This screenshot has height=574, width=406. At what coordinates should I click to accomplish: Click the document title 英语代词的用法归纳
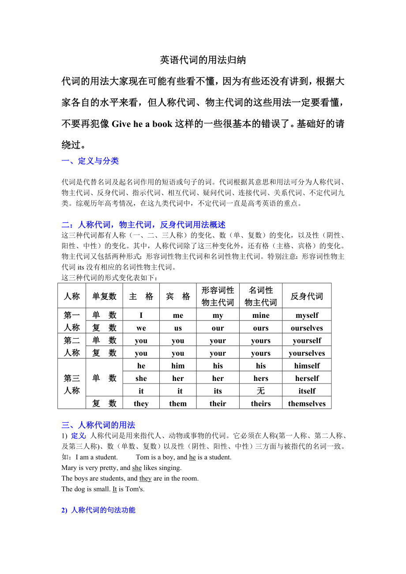point(203,60)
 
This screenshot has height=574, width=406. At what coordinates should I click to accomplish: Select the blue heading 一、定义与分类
point(90,161)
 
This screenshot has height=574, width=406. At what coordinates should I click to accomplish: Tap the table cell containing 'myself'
point(307,315)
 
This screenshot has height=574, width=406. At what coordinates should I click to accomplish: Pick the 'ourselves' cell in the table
point(307,328)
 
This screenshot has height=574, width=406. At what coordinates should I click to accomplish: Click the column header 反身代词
point(307,296)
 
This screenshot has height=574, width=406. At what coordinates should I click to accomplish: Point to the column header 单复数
point(104,296)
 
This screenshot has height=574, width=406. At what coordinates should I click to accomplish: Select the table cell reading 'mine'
point(261,315)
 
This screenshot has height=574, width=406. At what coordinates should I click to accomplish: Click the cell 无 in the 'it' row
point(261,391)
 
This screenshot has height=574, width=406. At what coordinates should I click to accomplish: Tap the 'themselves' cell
point(307,403)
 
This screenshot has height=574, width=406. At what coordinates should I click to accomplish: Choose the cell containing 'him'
point(178,365)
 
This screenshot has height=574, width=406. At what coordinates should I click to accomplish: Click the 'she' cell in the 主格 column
point(141,378)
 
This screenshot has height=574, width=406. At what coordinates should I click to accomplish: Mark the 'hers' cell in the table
point(261,378)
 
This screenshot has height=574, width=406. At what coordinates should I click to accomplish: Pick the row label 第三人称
point(71,384)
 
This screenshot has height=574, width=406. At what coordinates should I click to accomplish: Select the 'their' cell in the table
point(218,403)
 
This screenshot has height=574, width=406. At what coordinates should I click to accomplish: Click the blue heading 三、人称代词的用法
point(98,425)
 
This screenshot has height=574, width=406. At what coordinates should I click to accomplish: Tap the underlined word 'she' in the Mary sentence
point(137,468)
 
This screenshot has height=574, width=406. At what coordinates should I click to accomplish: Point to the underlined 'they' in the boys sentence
point(145,478)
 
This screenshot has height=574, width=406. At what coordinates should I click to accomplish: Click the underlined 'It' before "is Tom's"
point(115,489)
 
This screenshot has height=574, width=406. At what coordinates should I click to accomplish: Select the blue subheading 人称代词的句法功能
point(103,510)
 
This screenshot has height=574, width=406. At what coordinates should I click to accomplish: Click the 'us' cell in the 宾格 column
point(178,328)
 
